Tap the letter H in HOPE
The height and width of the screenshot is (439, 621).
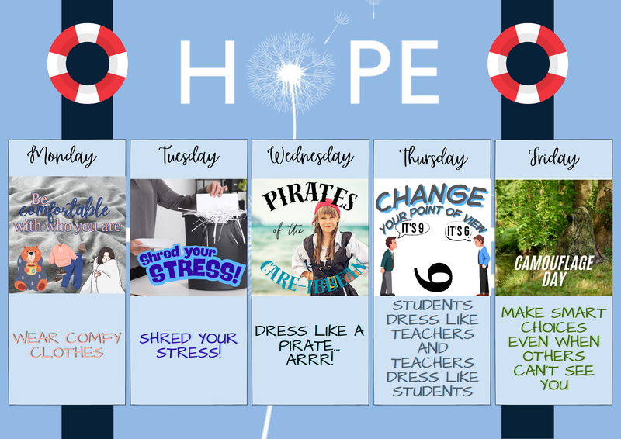click(206, 71)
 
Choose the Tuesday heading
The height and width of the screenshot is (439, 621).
click(189, 157)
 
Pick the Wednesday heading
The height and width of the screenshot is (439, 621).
click(310, 157)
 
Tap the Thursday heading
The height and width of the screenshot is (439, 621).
click(432, 157)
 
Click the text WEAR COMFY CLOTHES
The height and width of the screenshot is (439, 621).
click(67, 344)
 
